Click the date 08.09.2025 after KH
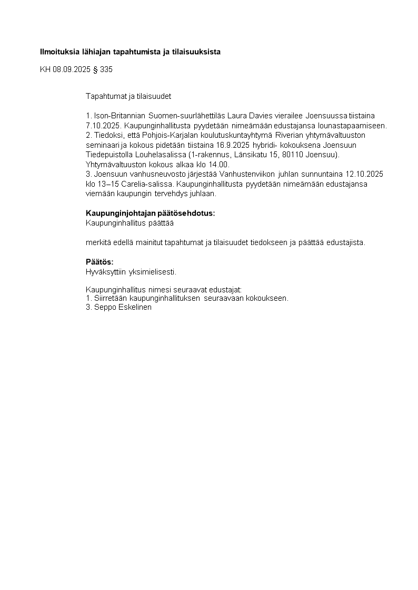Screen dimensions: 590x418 point(72,69)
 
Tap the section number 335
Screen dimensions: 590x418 point(106,69)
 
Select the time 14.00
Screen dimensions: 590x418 point(220,164)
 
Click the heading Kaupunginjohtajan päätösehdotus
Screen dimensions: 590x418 point(151,213)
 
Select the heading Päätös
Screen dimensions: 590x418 point(99,262)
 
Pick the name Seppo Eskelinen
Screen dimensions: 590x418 point(122,308)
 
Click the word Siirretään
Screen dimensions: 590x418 point(110,298)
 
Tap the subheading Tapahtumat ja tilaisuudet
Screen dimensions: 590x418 point(128,96)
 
